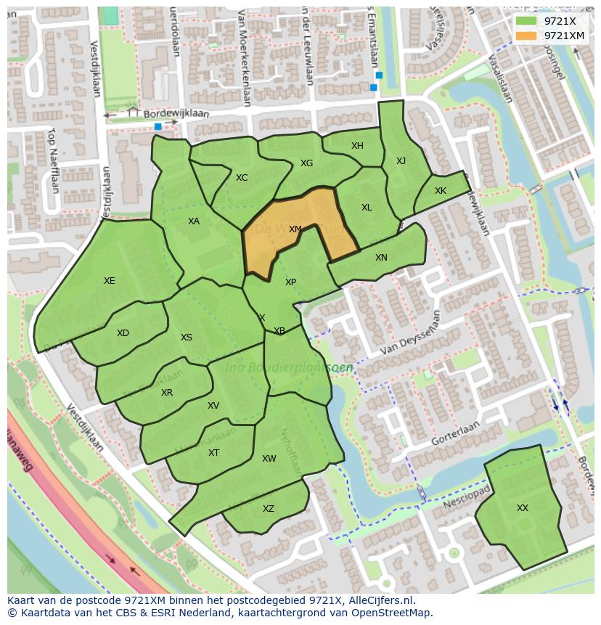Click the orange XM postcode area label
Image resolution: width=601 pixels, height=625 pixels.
[295, 229]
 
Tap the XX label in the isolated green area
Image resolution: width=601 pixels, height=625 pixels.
[523, 508]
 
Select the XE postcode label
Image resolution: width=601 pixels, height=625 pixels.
[109, 281]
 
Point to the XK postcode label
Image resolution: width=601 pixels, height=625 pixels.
[441, 191]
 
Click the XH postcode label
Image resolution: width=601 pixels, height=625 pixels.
[357, 146]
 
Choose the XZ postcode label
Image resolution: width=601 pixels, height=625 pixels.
[269, 509]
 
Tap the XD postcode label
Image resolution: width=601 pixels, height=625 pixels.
[123, 333]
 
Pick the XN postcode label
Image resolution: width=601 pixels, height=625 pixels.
[381, 258]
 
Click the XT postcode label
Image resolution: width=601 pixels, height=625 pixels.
[213, 453]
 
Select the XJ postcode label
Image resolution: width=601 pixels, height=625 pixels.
[401, 161]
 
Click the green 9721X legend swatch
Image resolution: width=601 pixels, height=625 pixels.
[526, 21]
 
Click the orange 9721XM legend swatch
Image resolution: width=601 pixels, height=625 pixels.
[526, 36]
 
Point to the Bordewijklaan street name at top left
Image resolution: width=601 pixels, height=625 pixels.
[176, 114]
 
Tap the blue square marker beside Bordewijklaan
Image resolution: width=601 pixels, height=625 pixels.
[158, 126]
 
